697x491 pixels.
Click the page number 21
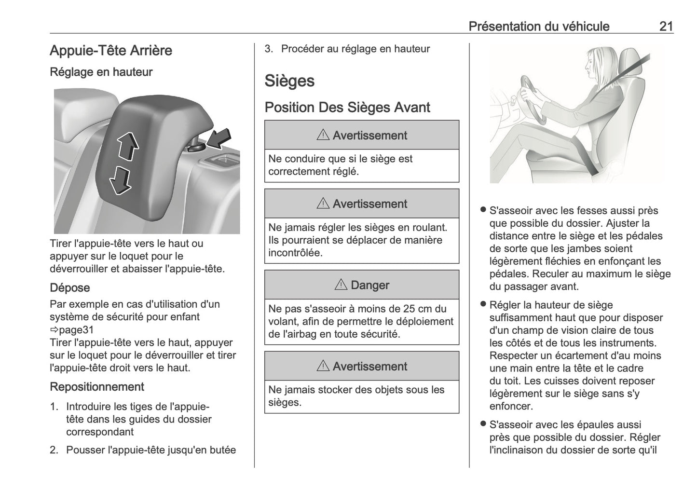tap(666, 26)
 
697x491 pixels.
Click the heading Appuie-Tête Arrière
tap(111, 51)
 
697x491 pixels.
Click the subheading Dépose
tap(70, 288)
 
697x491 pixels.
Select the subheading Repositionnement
tap(97, 387)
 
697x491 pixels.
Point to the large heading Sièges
tap(289, 81)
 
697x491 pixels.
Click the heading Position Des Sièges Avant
tap(347, 107)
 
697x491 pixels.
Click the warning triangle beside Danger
tap(341, 285)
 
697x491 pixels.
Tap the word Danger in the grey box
tap(369, 285)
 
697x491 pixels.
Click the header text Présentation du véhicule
tap(539, 26)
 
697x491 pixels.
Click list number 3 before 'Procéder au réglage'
tap(269, 49)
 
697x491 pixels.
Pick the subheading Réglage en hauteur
tap(101, 72)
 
